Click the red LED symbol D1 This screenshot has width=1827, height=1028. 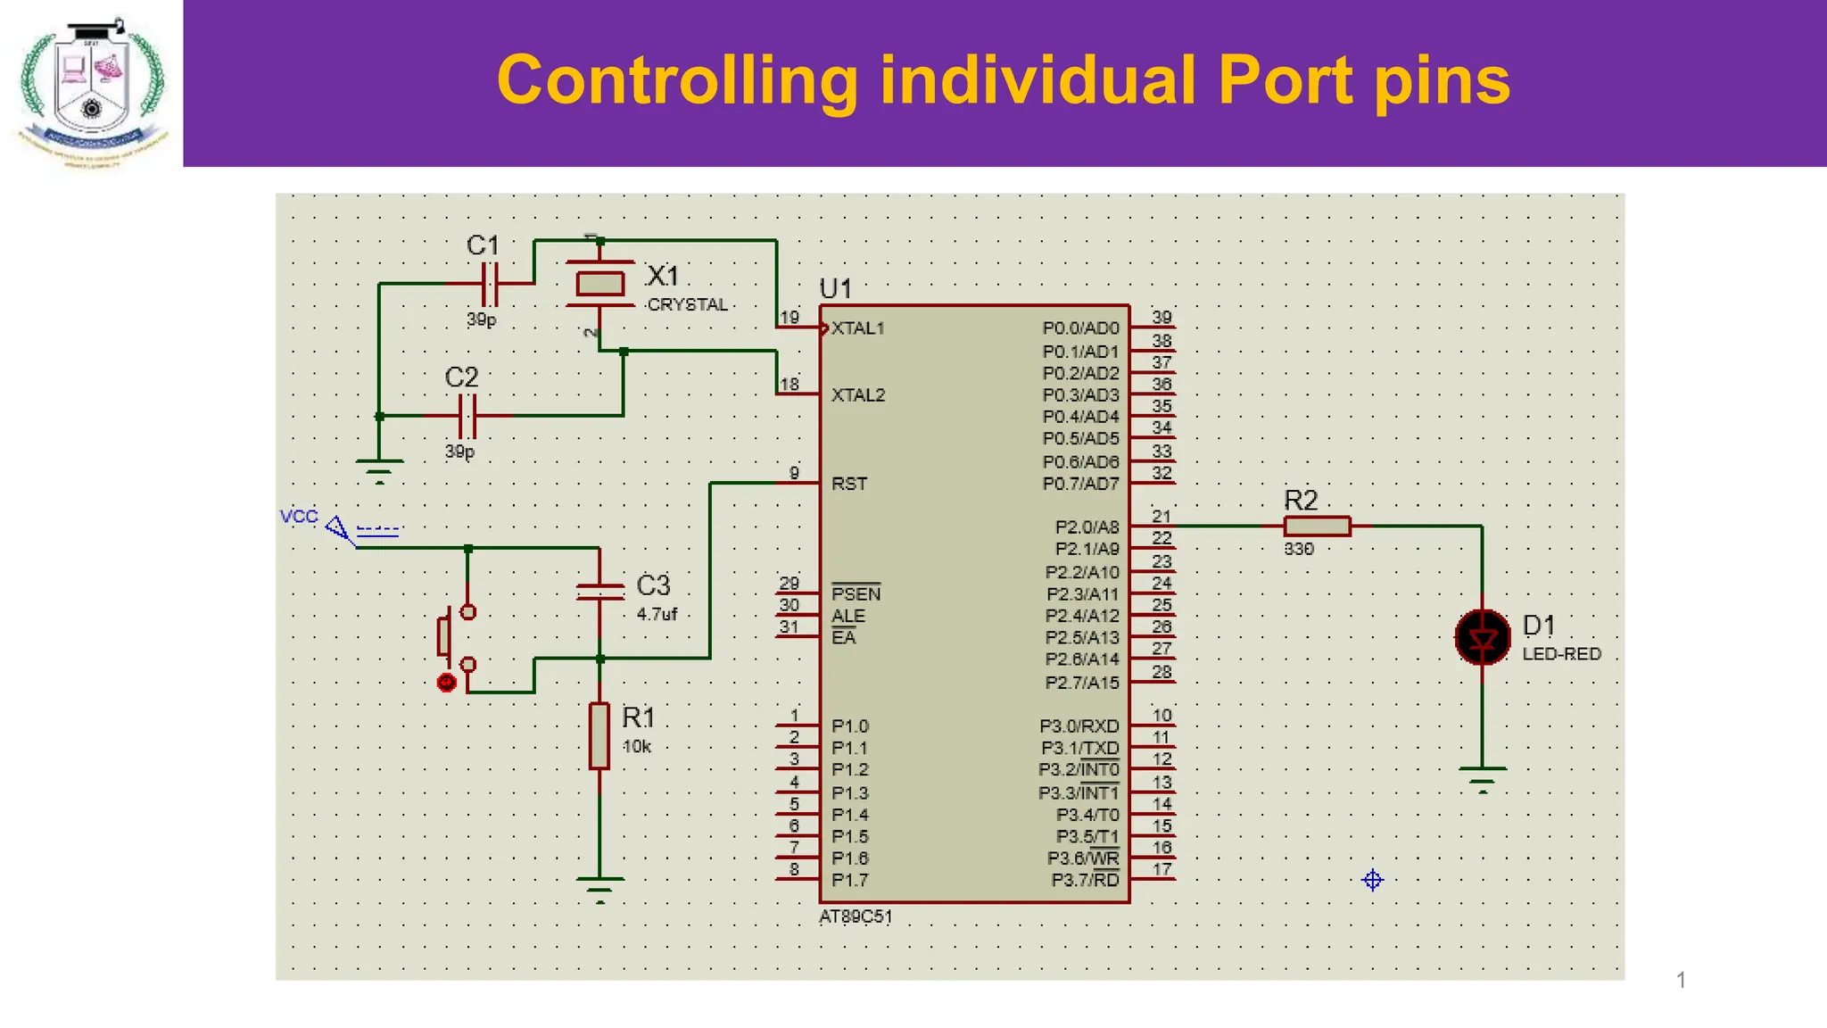pos(1483,637)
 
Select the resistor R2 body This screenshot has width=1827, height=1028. pos(1318,526)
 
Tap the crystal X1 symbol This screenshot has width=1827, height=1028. pos(599,284)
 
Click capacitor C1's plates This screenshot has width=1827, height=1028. pos(490,284)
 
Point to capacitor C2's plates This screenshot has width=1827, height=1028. pos(467,416)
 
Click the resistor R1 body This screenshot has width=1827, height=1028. pos(599,735)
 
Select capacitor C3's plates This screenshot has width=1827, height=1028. pos(599,591)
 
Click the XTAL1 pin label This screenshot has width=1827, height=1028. pos(857,328)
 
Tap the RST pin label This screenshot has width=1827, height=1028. pos(848,484)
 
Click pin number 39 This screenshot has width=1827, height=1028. pos(1162,317)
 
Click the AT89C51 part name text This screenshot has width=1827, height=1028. pos(856,916)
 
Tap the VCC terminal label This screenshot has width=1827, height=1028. pos(299,516)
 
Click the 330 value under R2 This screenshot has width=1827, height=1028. pos(1299,549)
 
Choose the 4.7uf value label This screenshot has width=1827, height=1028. pos(657,614)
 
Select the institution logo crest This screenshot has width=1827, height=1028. pos(91,85)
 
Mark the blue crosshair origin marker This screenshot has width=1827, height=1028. pos(1373,881)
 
